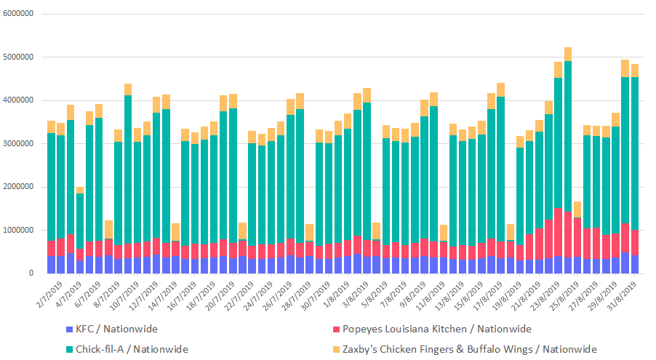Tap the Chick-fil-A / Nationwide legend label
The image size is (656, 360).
coord(132,349)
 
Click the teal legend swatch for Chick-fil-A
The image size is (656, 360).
coord(69,349)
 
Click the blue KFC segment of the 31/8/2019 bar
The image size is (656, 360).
coord(634,265)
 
